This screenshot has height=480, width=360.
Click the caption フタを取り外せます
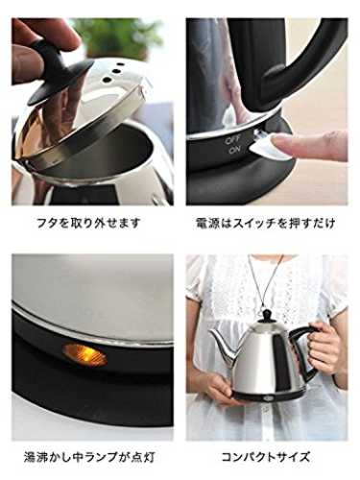pos(88,223)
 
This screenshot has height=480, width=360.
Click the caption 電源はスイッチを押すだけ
pos(266,223)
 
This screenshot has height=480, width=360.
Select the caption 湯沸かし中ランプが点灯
pos(89,457)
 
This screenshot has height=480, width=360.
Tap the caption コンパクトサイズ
pos(266,457)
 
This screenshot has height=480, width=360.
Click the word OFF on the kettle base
pos(233,140)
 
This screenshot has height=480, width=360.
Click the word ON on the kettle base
pos(235,150)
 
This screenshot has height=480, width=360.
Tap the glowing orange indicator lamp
pos(84,355)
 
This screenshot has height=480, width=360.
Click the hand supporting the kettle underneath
pos(219,389)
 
